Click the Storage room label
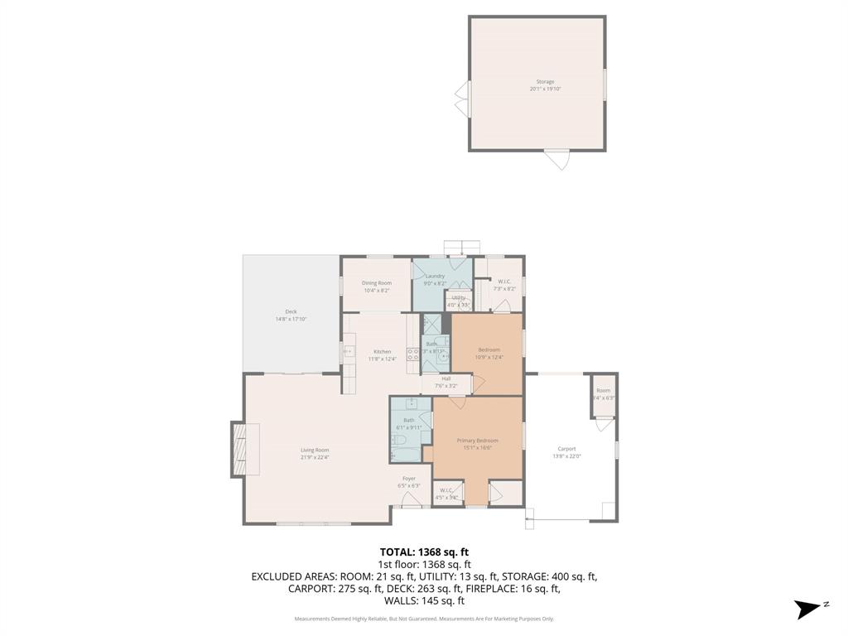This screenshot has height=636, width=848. (545, 82)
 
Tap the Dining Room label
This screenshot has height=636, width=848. (376, 283)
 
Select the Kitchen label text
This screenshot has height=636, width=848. (382, 352)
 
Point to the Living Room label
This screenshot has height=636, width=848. (315, 450)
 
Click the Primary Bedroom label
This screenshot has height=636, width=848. (478, 441)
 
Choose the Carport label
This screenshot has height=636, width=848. (566, 449)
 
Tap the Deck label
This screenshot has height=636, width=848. (291, 311)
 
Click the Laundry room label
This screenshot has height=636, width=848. (436, 276)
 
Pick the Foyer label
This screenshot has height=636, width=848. (409, 479)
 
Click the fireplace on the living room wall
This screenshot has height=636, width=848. (239, 450)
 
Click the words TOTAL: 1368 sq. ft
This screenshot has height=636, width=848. (424, 552)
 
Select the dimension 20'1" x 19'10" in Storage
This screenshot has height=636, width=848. (545, 89)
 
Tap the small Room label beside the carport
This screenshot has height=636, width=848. (603, 391)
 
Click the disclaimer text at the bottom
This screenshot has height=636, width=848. (424, 619)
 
